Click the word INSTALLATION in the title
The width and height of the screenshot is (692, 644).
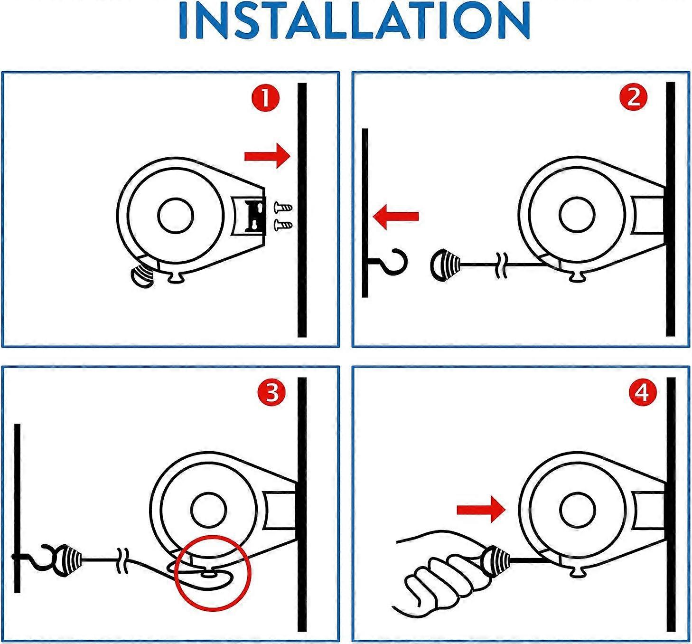tap(354, 21)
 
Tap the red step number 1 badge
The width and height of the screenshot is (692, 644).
tap(265, 98)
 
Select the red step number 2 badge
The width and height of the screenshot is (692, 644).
tap(634, 97)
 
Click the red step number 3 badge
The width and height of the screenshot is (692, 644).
tap(271, 393)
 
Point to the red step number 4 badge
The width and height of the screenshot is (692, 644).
tap(642, 393)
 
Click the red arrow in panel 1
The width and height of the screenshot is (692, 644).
tap(267, 156)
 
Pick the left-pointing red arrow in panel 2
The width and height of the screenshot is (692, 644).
tap(396, 217)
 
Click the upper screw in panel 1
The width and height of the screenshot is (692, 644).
tap(283, 208)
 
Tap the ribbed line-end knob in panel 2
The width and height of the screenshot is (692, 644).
tap(445, 264)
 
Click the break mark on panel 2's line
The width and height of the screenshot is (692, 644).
tap(501, 265)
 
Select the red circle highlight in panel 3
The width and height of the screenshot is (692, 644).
tap(213, 573)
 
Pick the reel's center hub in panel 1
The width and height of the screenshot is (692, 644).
tap(176, 216)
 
